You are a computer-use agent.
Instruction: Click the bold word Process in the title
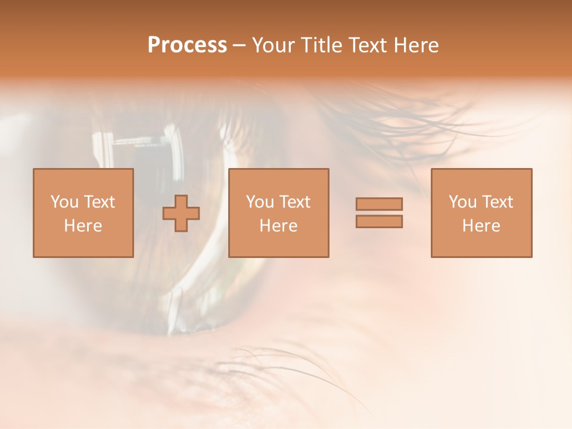pyautogui.click(x=187, y=45)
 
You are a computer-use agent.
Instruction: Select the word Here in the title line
pyautogui.click(x=416, y=45)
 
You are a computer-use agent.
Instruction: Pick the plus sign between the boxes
pyautogui.click(x=181, y=213)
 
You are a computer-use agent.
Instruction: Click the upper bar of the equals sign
pyautogui.click(x=379, y=204)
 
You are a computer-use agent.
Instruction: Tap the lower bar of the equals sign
pyautogui.click(x=379, y=221)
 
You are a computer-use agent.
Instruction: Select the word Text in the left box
pyautogui.click(x=99, y=202)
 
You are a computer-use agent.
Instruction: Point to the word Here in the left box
pyautogui.click(x=83, y=226)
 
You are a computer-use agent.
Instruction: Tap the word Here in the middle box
pyautogui.click(x=278, y=226)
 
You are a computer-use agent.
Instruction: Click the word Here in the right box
pyautogui.click(x=481, y=226)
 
